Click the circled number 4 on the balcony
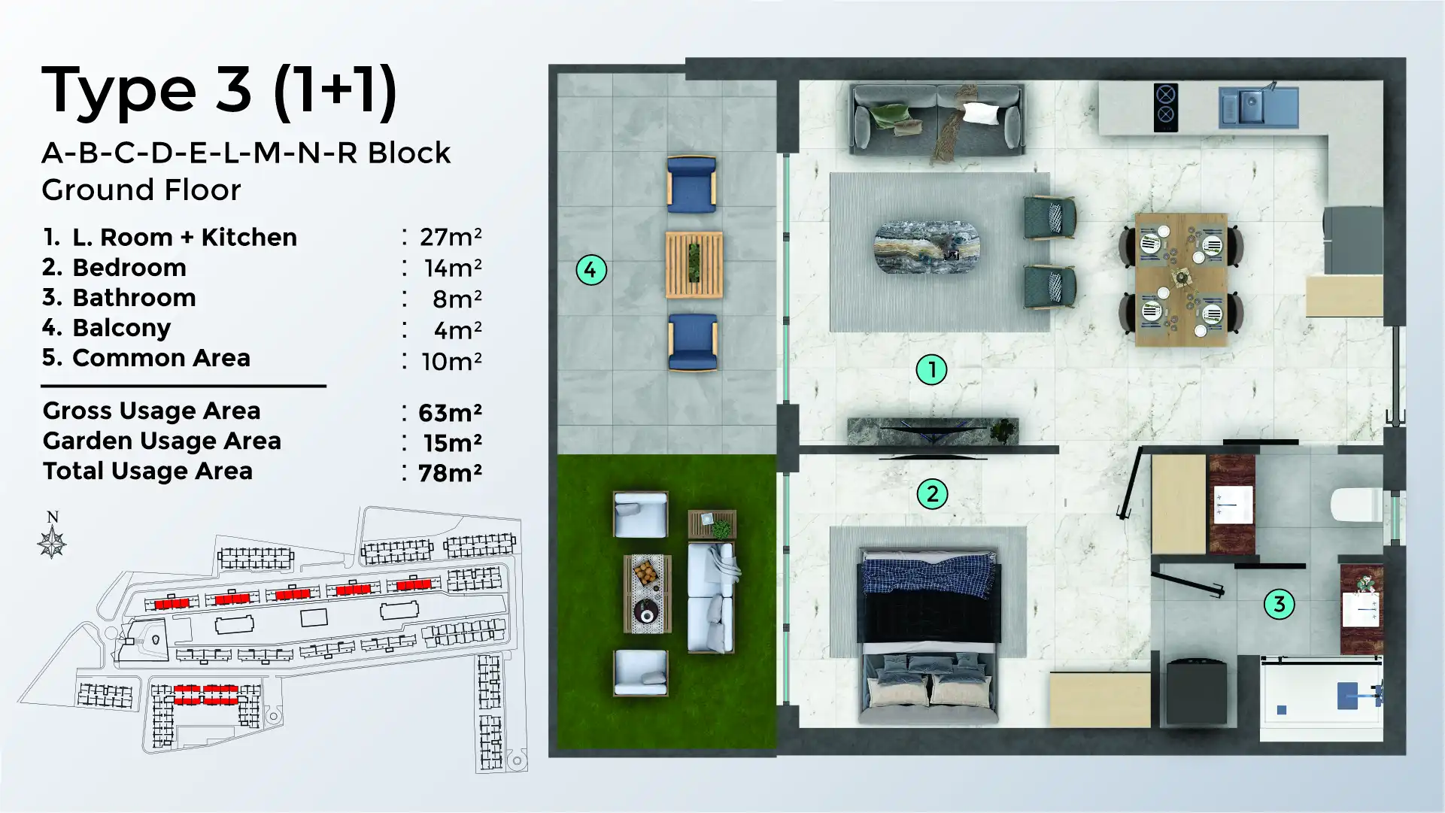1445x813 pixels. coord(590,270)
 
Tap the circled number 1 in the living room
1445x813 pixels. coord(931,369)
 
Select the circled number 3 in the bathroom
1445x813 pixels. coord(1279,604)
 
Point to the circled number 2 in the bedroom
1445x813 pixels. coord(932,494)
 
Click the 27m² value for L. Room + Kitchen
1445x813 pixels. coord(450,237)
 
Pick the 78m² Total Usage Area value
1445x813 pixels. coord(450,472)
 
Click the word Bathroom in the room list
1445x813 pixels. coord(134,298)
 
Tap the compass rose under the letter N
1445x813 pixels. coord(52,543)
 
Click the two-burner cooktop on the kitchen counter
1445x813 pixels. coord(1165,107)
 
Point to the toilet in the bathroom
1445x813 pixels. coord(1355,505)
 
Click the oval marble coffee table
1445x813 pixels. coord(926,247)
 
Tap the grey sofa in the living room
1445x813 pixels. coord(937,119)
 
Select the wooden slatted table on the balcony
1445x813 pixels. coord(694,264)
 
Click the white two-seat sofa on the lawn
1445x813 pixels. coord(711,597)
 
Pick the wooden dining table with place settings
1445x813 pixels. coord(1180,279)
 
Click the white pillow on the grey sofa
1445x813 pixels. coord(981,114)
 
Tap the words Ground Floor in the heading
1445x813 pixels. coord(141,190)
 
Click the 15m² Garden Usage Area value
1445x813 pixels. coord(451,443)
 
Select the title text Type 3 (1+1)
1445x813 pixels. coord(219,91)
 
